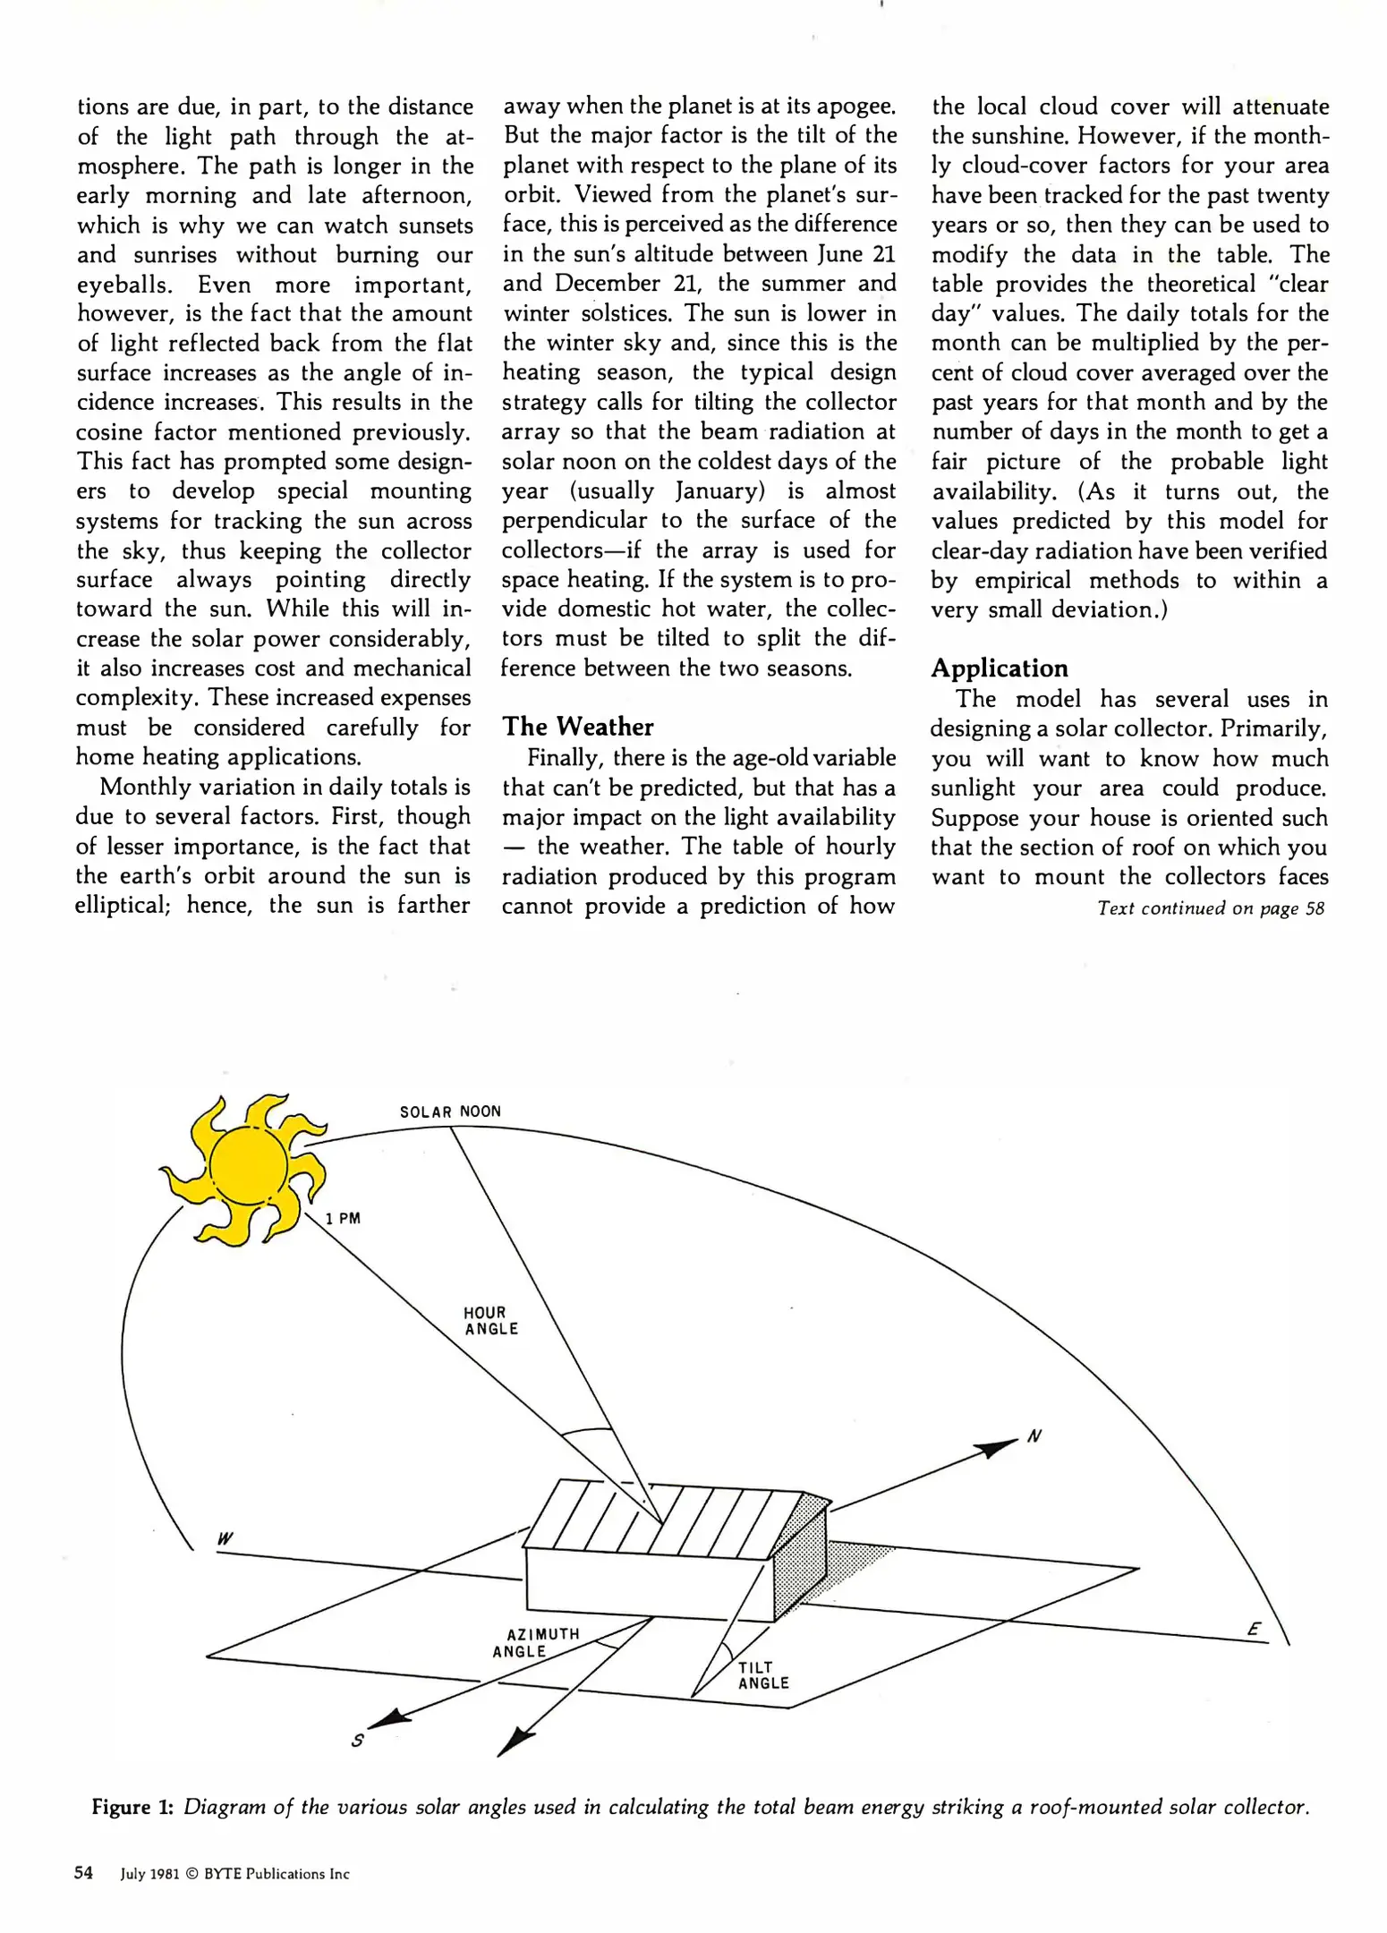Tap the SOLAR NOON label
click(x=450, y=1111)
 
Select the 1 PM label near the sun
click(x=343, y=1218)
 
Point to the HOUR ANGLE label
click(x=490, y=1321)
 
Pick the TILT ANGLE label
click(x=762, y=1675)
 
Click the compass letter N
click(x=1034, y=1436)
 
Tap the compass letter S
click(x=357, y=1741)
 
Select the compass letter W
click(x=225, y=1539)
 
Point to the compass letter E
click(x=1254, y=1630)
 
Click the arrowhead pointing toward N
click(x=995, y=1448)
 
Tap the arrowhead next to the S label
click(x=388, y=1718)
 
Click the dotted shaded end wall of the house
click(x=798, y=1562)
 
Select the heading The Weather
click(x=577, y=727)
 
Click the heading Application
click(x=999, y=668)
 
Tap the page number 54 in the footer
click(x=83, y=1873)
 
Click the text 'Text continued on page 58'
click(x=1210, y=908)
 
